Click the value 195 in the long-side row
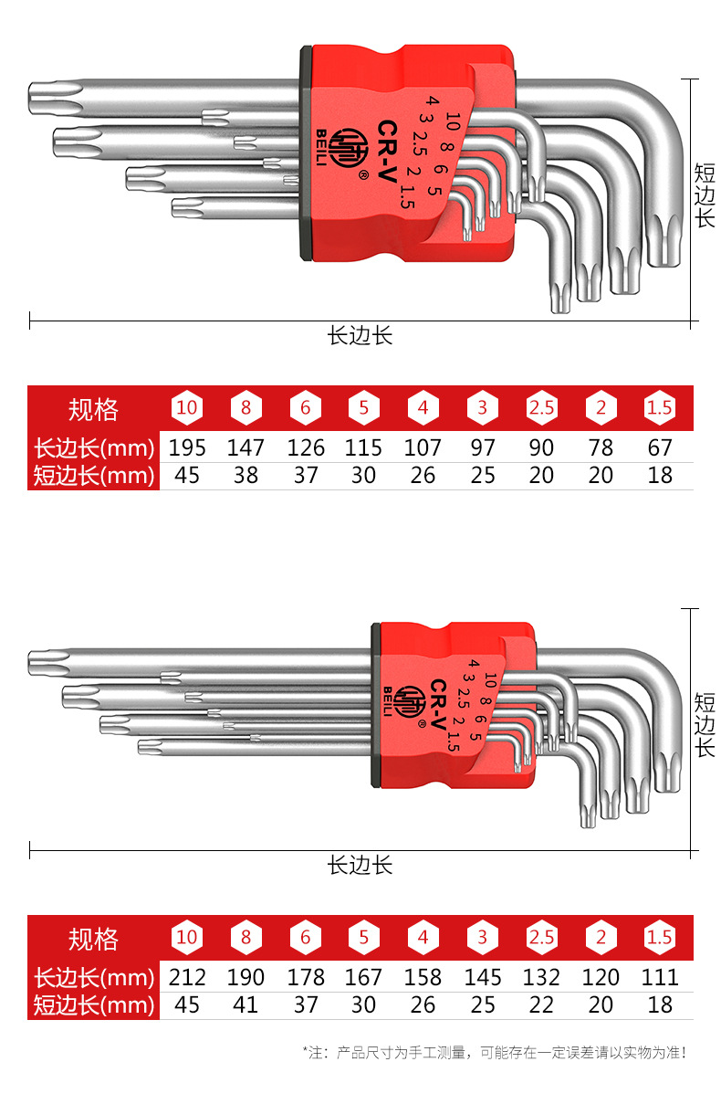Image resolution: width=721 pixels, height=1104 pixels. coord(187,448)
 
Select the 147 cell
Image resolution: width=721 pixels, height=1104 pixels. coord(246,448)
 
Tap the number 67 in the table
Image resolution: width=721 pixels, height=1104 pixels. coord(660,448)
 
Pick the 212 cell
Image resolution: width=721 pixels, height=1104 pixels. coord(187,978)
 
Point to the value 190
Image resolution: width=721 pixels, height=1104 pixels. coord(246,978)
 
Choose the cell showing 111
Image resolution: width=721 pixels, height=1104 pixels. coord(660,978)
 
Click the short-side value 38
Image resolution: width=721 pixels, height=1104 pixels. coord(246,476)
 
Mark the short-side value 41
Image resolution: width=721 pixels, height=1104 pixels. coord(246,1005)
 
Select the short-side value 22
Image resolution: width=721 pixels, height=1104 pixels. coord(541,1005)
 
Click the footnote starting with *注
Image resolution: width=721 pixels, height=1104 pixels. coord(494,1053)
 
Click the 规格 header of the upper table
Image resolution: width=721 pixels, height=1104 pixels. coord(93,409)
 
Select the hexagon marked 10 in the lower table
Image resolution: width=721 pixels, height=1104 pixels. coord(186,938)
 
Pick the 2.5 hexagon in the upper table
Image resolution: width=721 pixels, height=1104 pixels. coord(541,408)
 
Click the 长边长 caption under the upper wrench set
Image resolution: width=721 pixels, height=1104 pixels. coord(360,336)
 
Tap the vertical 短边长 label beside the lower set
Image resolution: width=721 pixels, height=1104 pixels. coord(705,725)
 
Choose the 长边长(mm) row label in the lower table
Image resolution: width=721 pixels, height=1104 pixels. coord(93,978)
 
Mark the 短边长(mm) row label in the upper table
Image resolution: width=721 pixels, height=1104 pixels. coord(93,476)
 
